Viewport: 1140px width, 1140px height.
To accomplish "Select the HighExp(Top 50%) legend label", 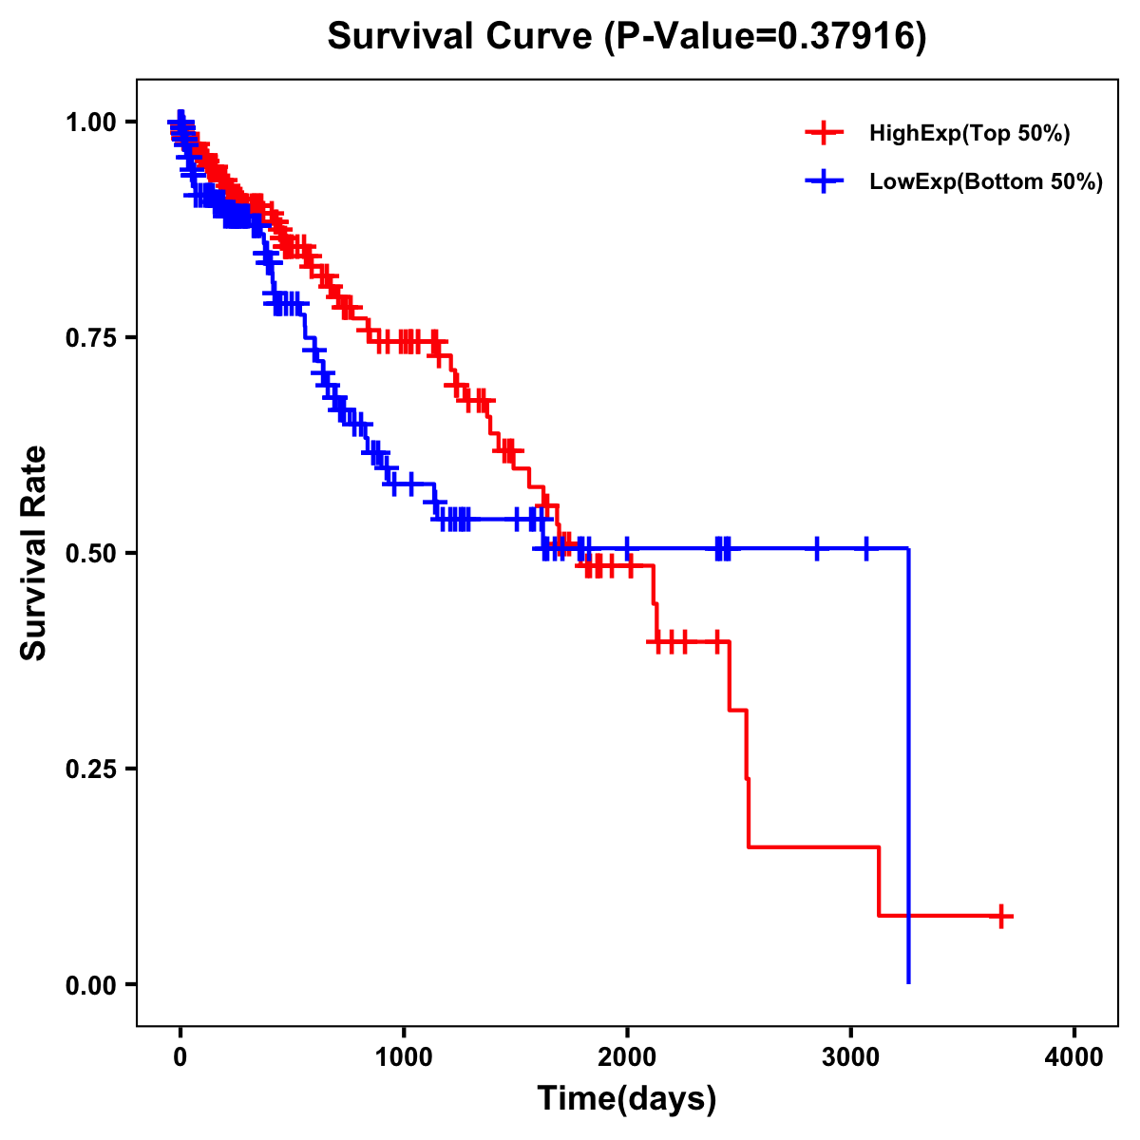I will click(x=970, y=134).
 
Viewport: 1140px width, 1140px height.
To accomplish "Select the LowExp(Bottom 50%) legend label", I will click(x=986, y=182).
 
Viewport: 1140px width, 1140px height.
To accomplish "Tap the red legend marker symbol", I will click(x=824, y=134).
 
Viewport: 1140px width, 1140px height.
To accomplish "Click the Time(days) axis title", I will click(x=627, y=1099).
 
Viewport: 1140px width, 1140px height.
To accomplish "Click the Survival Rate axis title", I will click(x=34, y=553).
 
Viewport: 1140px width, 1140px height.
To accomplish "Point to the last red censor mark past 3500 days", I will click(x=1000, y=916).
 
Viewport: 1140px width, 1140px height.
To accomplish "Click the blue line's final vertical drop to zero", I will click(x=909, y=760).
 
